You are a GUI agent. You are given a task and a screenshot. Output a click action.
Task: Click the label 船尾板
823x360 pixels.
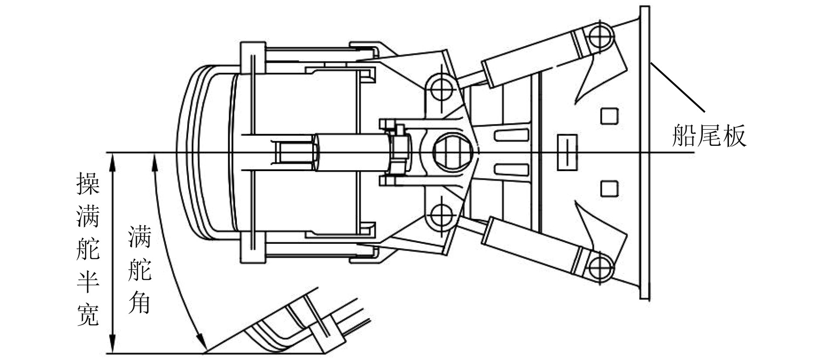709,135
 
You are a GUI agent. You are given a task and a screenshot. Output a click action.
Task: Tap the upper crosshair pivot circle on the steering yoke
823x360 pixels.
441,89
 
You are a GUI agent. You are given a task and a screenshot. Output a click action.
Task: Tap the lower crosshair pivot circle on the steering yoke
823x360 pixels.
441,214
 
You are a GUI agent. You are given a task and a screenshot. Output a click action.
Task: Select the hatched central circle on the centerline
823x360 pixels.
452,152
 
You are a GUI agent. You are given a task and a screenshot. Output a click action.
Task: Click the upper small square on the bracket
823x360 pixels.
609,116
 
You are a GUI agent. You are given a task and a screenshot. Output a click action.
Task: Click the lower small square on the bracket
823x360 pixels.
609,188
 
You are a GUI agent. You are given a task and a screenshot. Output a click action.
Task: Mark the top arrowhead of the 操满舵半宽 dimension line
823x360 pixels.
113,161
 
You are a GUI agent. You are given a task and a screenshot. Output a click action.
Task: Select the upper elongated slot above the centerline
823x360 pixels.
513,135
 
